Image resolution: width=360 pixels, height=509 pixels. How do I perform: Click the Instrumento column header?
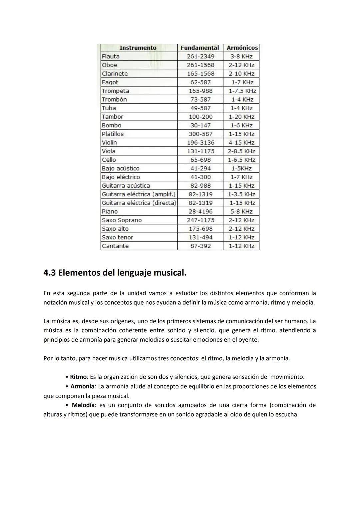tap(138, 48)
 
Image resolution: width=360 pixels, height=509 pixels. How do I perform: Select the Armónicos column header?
tap(242, 48)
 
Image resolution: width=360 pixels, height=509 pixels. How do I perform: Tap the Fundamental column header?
tap(200, 48)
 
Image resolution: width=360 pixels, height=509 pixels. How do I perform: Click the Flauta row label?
tap(111, 56)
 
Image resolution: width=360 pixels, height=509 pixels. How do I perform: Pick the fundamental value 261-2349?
tap(200, 56)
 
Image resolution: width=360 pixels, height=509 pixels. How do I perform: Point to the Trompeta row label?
tap(115, 91)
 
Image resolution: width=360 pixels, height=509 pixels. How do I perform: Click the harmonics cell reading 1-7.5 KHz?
tap(242, 91)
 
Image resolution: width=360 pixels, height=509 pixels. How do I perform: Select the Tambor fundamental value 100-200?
tap(200, 117)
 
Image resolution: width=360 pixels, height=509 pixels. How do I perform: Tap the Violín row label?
tap(109, 142)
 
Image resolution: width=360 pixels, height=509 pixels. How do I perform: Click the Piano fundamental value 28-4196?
tap(200, 211)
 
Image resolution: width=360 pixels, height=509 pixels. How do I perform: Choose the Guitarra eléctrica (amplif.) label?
tap(139, 194)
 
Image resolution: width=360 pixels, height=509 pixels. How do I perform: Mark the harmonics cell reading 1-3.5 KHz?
tap(242, 194)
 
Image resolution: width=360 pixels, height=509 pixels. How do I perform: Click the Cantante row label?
tap(115, 246)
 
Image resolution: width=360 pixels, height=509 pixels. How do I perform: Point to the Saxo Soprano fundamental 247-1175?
tap(200, 220)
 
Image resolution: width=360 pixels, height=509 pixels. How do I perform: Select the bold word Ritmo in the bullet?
tap(78, 377)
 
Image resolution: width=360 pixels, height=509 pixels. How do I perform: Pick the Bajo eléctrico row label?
tap(121, 177)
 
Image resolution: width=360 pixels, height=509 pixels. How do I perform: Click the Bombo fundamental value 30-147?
tap(200, 125)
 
